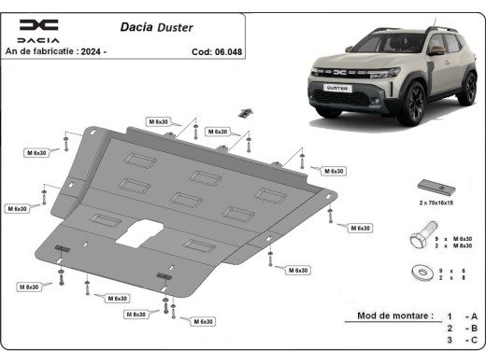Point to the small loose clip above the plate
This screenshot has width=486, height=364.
(x=245, y=113)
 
